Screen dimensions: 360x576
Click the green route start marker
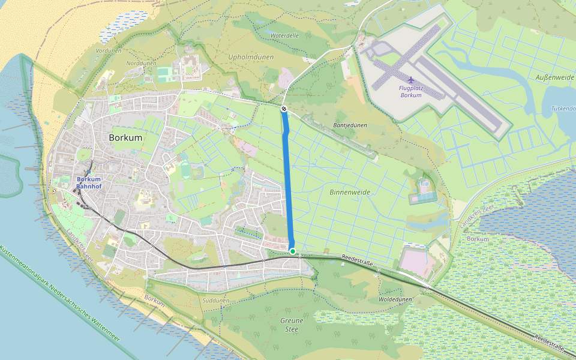(292, 251)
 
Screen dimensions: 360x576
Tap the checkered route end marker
(283, 109)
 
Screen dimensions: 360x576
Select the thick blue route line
(288, 180)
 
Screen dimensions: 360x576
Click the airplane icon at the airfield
(410, 80)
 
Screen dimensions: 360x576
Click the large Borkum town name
(126, 137)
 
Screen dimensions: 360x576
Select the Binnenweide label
(350, 193)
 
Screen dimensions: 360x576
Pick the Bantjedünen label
(350, 125)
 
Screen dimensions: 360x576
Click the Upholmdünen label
(251, 57)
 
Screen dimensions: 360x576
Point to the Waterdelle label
(284, 35)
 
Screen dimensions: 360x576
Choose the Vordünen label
(109, 51)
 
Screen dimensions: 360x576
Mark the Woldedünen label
(395, 299)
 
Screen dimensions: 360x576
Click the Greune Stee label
(292, 325)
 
